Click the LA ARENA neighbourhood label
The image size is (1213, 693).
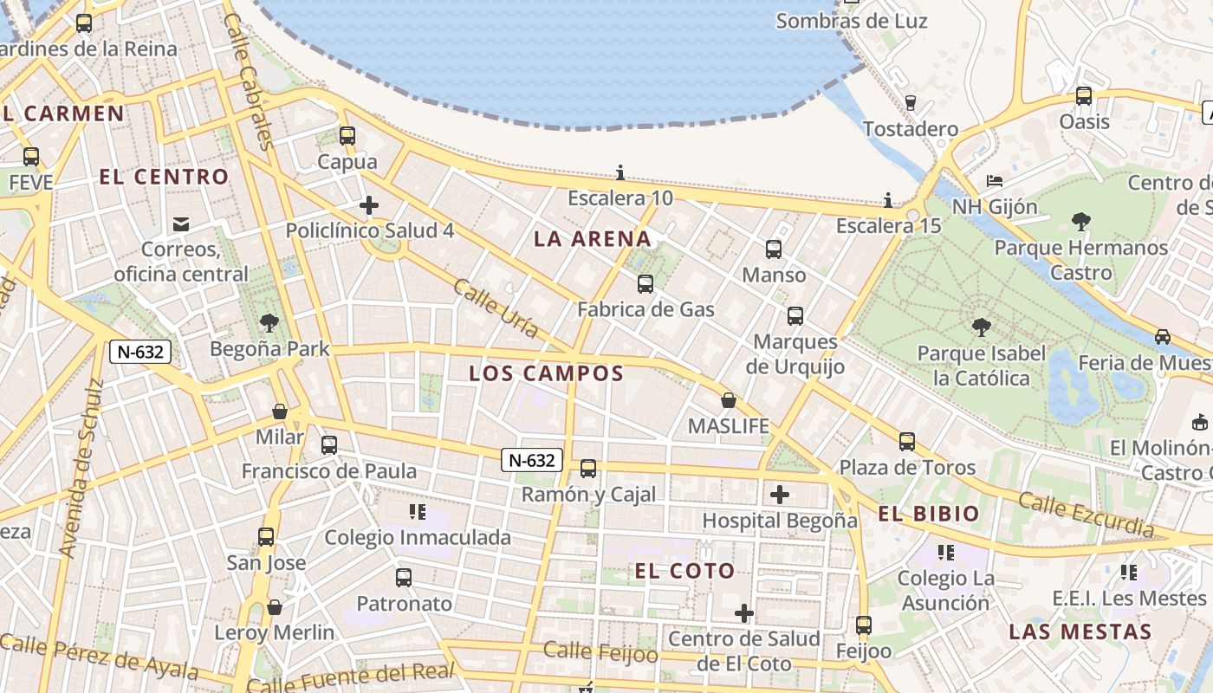[592, 239]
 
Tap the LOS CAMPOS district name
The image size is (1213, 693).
[546, 373]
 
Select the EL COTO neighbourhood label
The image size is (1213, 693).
[684, 571]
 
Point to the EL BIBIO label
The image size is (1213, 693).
[929, 514]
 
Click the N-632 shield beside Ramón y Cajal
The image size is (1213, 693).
[532, 460]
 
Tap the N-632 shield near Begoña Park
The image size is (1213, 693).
[139, 352]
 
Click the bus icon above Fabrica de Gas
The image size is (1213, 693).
[645, 284]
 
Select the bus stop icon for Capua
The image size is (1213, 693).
[347, 136]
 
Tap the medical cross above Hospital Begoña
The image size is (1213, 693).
[780, 495]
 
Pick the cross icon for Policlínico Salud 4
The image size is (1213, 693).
[369, 205]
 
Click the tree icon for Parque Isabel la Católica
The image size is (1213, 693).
[982, 327]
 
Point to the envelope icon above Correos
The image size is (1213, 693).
[180, 224]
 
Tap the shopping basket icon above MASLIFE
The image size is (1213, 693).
[729, 400]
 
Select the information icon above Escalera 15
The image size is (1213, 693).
[887, 200]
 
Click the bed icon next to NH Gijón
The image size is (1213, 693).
[995, 181]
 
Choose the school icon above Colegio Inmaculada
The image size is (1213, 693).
[418, 512]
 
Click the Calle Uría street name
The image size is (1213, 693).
[496, 308]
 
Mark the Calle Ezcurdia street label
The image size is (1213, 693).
[1086, 514]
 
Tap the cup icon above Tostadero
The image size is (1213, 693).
[910, 102]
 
